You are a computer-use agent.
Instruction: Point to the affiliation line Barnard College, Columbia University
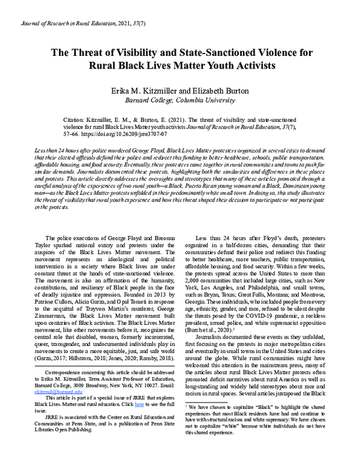click(x=180, y=99)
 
